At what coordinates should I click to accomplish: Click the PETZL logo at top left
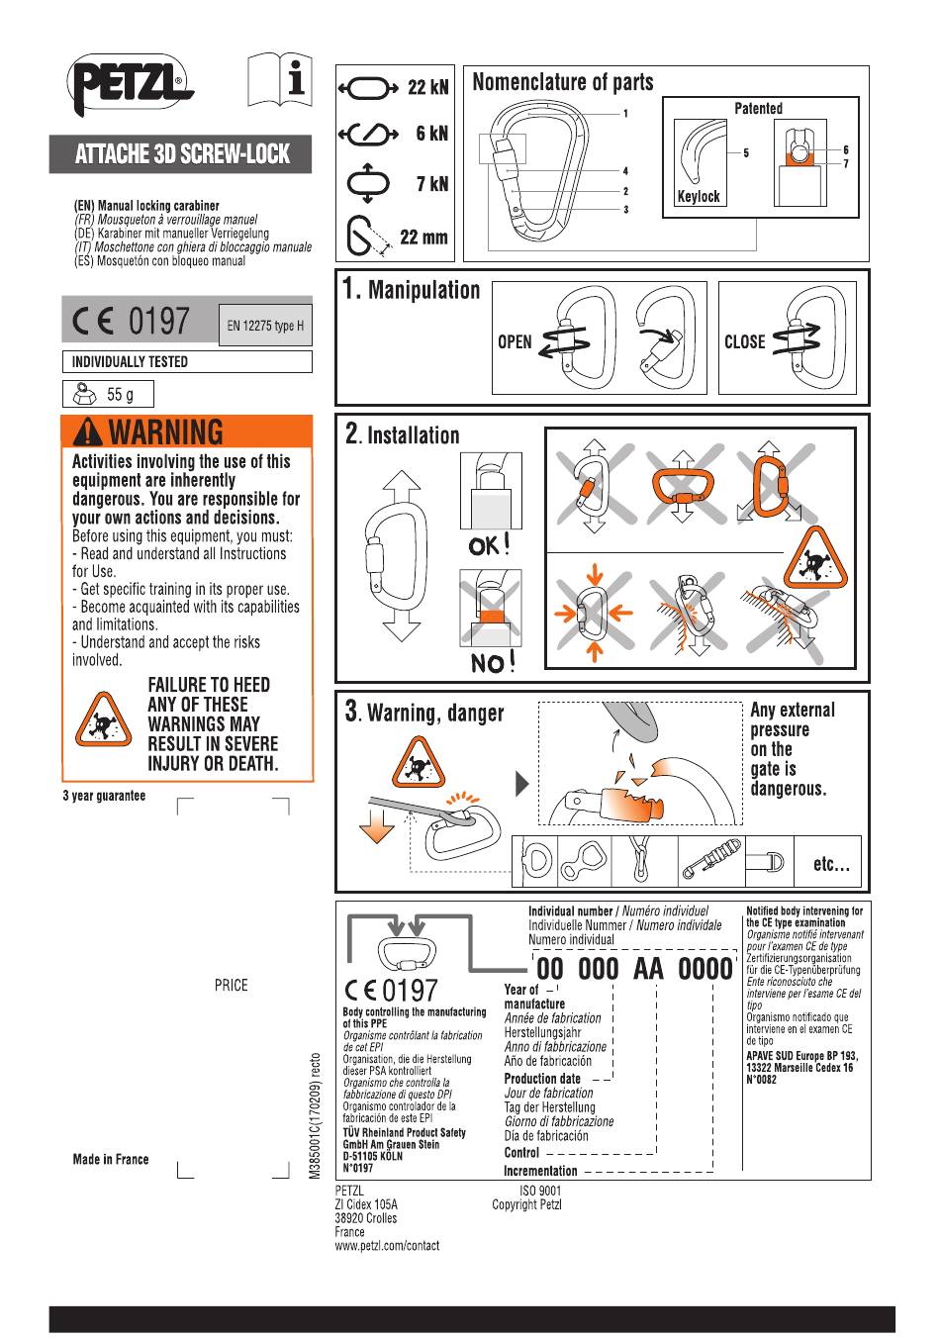(x=129, y=83)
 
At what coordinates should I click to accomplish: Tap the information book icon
(x=279, y=79)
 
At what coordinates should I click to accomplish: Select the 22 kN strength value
(x=427, y=88)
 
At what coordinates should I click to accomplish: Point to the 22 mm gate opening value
(x=423, y=238)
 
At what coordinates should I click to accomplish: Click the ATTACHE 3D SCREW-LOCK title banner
(x=182, y=154)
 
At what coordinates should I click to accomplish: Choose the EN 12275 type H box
(x=265, y=326)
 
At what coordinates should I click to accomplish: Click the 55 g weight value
(x=120, y=395)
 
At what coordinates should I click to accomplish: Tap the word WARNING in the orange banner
(x=165, y=432)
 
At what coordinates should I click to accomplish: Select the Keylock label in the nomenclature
(x=698, y=197)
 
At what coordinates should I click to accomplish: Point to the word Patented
(x=758, y=109)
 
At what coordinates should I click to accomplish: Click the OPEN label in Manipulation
(x=515, y=342)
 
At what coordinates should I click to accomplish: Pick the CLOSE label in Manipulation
(x=744, y=342)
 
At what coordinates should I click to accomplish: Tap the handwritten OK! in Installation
(x=490, y=544)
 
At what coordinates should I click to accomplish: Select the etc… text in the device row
(x=830, y=864)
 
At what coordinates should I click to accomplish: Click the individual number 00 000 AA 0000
(x=634, y=969)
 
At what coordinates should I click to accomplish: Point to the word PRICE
(x=231, y=986)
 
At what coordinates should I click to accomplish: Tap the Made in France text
(x=111, y=1160)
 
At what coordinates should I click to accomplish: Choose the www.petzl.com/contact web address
(x=387, y=1246)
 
